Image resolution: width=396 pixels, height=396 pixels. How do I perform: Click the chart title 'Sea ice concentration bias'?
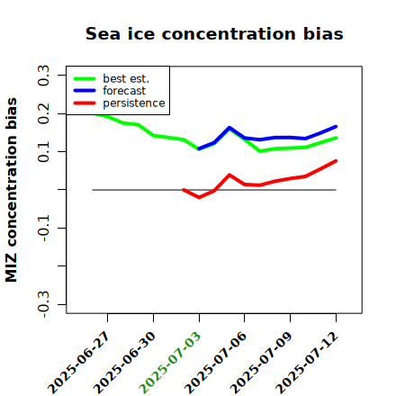[214, 33]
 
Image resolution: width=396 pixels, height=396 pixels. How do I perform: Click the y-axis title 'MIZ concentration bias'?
[12, 190]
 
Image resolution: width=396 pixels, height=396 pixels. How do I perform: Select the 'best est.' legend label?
[126, 78]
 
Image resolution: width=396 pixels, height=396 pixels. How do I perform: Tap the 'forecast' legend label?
[124, 91]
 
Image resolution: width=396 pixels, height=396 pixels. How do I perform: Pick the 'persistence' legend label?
[134, 103]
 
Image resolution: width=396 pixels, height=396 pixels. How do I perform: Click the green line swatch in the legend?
[85, 78]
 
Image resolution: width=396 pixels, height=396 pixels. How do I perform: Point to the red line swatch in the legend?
[85, 103]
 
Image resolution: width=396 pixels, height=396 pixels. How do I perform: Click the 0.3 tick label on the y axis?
[43, 76]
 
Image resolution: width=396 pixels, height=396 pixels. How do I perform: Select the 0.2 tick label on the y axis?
[43, 113]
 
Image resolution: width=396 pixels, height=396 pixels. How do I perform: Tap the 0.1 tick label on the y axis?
[43, 152]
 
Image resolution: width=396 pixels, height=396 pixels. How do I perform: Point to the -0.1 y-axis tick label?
[43, 228]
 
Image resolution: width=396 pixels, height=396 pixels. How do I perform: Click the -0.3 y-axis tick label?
[43, 304]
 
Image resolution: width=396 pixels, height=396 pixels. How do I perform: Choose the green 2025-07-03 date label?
[169, 363]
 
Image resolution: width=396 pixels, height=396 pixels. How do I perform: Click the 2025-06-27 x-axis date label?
[77, 363]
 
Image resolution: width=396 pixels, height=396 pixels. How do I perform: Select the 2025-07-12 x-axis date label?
[306, 363]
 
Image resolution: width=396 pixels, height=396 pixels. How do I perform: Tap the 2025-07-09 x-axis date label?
[261, 363]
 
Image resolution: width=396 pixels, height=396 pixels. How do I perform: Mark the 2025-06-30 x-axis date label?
[123, 363]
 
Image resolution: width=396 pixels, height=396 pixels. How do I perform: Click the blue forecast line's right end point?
[336, 127]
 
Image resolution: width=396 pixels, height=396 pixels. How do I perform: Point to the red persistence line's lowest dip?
[199, 197]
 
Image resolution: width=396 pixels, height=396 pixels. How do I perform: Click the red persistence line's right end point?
[336, 161]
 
